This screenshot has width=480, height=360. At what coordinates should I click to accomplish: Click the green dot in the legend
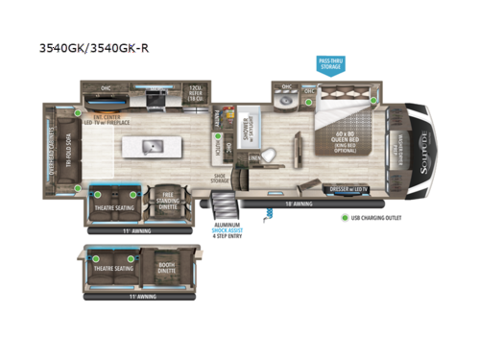pos(345,218)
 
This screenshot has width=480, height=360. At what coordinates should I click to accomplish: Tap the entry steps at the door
pos(223,204)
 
